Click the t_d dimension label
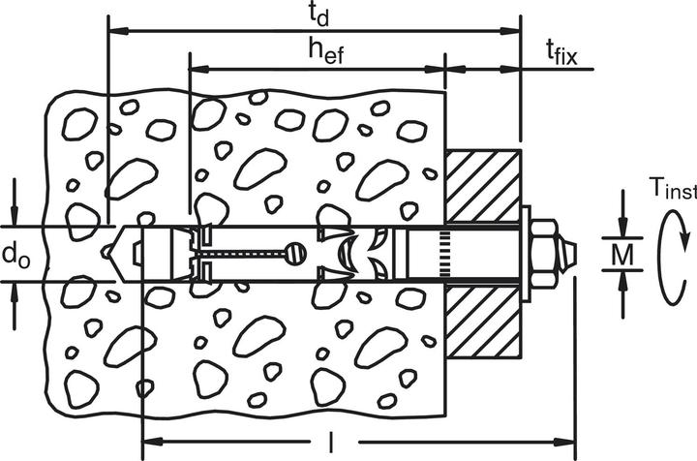[x=318, y=15]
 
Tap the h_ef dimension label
[x=326, y=51]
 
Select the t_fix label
[x=561, y=52]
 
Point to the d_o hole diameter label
[x=16, y=256]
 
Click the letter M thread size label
[x=622, y=255]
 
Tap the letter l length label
[x=330, y=442]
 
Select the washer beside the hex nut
[x=526, y=254]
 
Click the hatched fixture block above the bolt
[x=483, y=186]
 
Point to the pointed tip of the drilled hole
[x=106, y=253]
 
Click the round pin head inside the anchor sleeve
[x=296, y=254]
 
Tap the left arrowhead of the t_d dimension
[x=119, y=31]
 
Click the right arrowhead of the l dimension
[x=564, y=442]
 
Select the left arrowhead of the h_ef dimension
[x=199, y=70]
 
